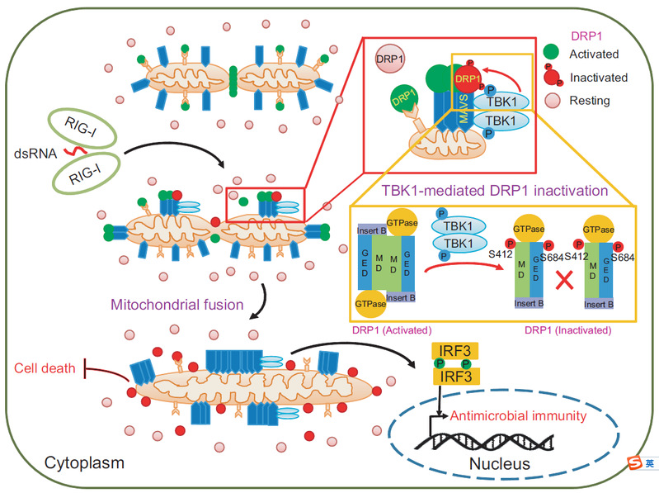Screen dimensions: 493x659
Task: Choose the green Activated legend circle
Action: pyautogui.click(x=553, y=55)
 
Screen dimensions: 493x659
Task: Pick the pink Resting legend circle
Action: pyautogui.click(x=553, y=101)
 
